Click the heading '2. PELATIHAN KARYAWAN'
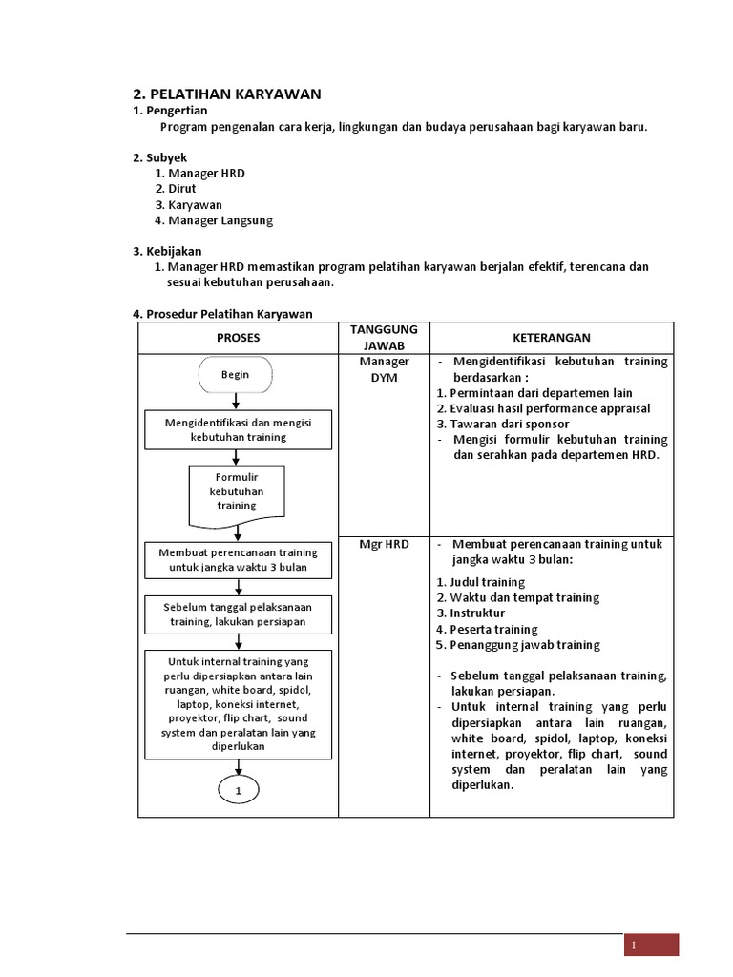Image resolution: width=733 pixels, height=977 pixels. click(226, 94)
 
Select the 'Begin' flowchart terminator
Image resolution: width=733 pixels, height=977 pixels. click(236, 375)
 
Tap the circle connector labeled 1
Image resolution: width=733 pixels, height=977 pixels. click(238, 791)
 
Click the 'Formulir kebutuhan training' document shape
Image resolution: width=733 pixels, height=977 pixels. click(237, 492)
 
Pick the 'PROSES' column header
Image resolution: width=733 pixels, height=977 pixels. click(238, 338)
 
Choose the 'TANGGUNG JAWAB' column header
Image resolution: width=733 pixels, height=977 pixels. click(384, 338)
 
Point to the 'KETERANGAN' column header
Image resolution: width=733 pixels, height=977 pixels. click(552, 338)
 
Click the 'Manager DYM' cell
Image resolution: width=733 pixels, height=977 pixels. click(384, 369)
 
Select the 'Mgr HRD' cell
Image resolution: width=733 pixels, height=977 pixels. click(384, 544)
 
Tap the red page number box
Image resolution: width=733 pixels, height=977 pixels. click(651, 945)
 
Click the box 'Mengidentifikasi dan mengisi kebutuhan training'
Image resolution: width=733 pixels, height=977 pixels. click(238, 429)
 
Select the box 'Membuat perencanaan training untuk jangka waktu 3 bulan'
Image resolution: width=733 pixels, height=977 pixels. click(238, 560)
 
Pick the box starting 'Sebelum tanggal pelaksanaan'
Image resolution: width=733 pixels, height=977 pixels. click(238, 613)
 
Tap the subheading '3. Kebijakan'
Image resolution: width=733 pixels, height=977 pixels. click(167, 251)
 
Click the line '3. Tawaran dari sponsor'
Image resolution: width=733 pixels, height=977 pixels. click(503, 424)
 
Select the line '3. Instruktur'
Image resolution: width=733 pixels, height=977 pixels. click(471, 613)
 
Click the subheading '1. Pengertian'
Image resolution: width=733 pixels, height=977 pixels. click(169, 111)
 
